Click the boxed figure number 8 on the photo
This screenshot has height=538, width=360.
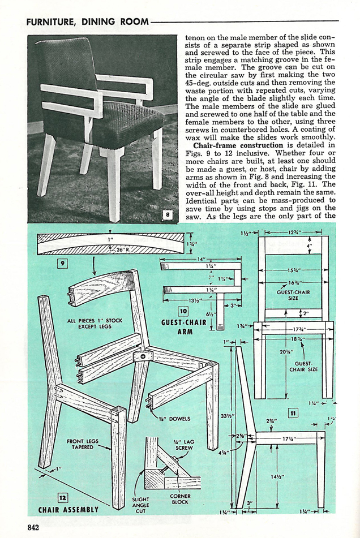(168, 214)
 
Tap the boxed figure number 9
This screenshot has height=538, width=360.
(62, 262)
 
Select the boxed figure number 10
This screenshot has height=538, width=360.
(183, 311)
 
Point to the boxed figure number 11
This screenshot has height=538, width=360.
(293, 413)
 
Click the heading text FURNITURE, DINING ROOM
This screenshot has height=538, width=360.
(87, 22)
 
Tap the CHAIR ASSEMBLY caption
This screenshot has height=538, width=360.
(68, 509)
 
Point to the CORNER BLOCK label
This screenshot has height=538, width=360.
(180, 500)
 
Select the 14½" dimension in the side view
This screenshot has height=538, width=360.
(277, 477)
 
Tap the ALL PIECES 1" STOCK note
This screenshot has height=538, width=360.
(95, 324)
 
